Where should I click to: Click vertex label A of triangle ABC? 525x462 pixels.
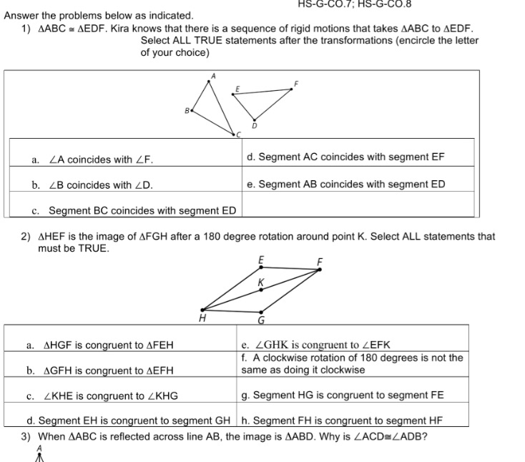click(x=212, y=75)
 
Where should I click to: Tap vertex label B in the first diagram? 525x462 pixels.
click(x=187, y=110)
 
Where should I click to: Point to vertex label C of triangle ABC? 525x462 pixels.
click(x=240, y=134)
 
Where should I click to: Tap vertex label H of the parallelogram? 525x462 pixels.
click(x=202, y=319)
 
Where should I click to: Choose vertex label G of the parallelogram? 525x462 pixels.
click(x=262, y=320)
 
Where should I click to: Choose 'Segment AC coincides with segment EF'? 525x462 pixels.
click(x=345, y=157)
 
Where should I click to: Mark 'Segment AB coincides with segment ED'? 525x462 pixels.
click(x=345, y=184)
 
